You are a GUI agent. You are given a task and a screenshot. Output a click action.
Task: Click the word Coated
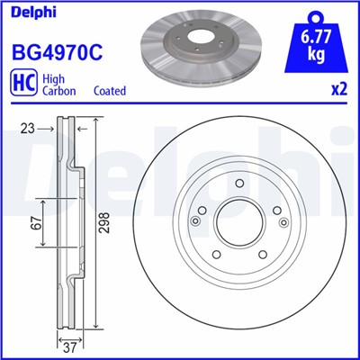pyautogui.click(x=110, y=91)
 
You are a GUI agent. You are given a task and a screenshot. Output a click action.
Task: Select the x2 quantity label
pyautogui.click(x=339, y=90)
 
